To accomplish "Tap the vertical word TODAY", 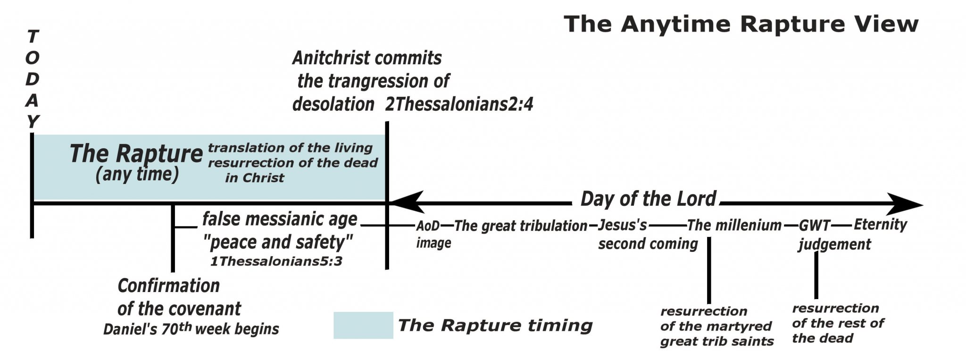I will tap(32, 79).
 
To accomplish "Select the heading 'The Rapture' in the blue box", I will tap(136, 154).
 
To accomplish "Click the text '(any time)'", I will tap(137, 175).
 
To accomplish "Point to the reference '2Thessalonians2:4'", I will tap(459, 104).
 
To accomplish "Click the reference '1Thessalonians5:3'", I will tap(276, 261).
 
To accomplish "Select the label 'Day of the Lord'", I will tap(648, 199).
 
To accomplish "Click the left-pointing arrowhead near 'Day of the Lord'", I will tap(408, 202).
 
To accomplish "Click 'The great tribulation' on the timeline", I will tap(521, 226).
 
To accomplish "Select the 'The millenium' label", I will tap(734, 225).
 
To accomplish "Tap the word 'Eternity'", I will tap(880, 224).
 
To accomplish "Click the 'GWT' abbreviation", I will tap(814, 226).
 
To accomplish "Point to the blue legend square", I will tap(363, 325).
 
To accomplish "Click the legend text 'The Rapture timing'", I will tap(495, 325).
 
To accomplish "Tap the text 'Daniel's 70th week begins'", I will tap(191, 329).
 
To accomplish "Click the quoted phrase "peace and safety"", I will tap(278, 242).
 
